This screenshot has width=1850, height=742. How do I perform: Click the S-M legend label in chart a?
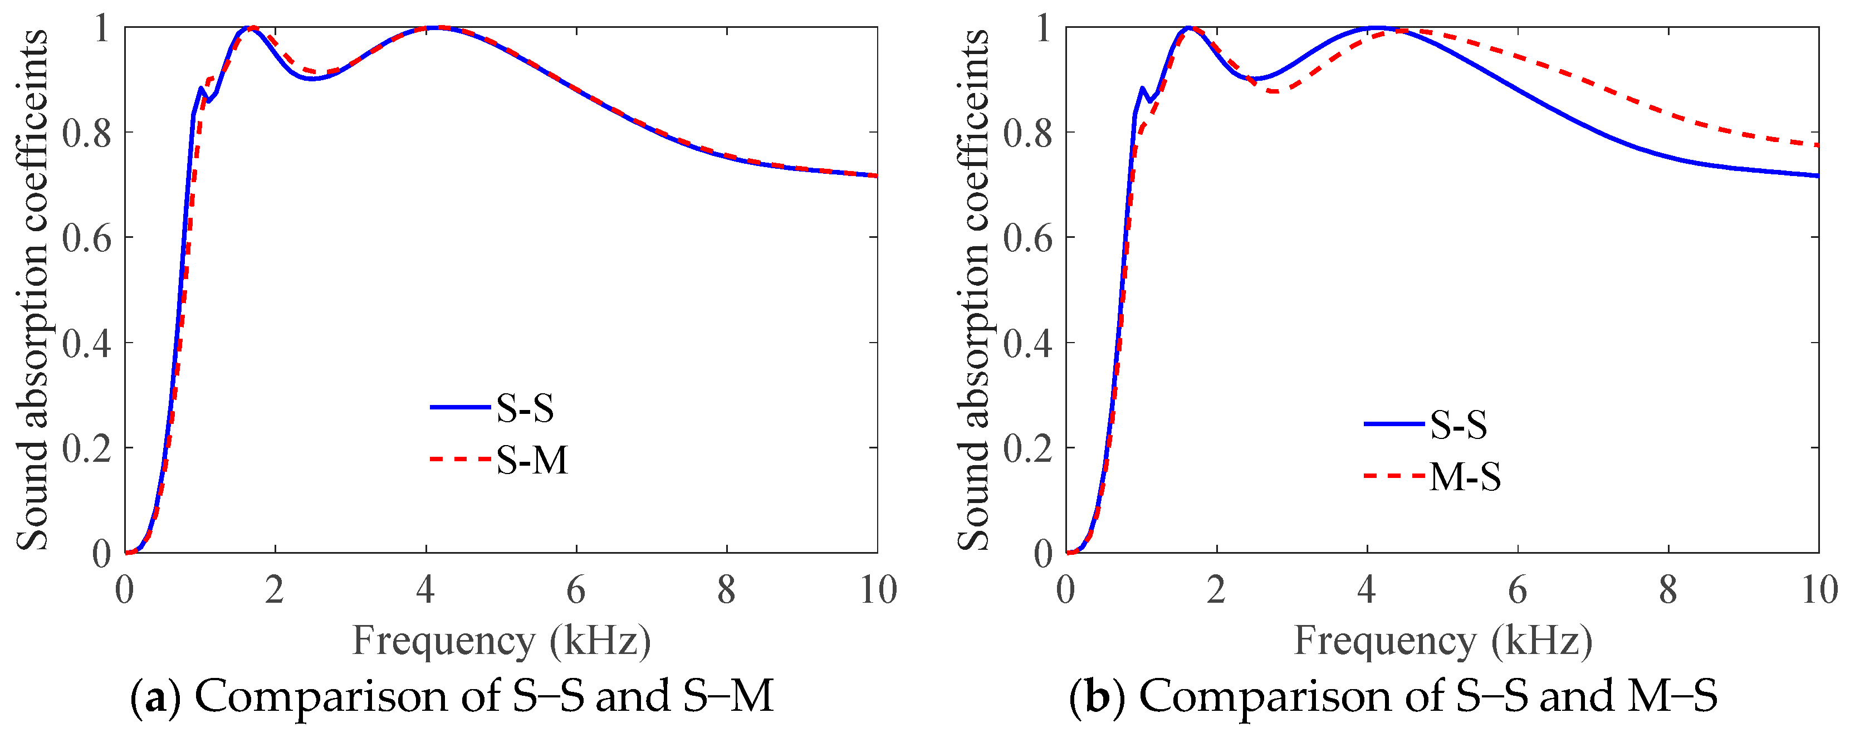pos(531,460)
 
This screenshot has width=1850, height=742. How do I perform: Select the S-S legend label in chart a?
pos(525,408)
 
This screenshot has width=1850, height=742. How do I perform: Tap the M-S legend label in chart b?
pos(1465,476)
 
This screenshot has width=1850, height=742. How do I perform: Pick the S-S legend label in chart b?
pos(1459,424)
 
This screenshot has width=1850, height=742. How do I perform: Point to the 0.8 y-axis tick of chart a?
pos(86,133)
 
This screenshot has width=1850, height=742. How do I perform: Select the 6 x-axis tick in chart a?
pos(576,590)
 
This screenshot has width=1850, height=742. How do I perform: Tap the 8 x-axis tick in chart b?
pos(1667,590)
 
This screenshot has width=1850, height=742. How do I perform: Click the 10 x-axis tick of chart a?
pos(878,590)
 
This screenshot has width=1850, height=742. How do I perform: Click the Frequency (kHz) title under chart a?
pos(501,641)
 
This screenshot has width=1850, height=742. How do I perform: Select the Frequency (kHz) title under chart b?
pos(1442,641)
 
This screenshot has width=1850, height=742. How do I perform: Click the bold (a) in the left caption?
pos(156,697)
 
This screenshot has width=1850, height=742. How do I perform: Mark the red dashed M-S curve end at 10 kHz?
pos(1817,145)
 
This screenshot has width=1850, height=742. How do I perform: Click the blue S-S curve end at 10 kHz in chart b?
pos(1817,175)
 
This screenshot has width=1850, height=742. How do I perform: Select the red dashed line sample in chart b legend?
pos(1393,476)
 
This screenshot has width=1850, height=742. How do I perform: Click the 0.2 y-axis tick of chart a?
pos(86,449)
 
